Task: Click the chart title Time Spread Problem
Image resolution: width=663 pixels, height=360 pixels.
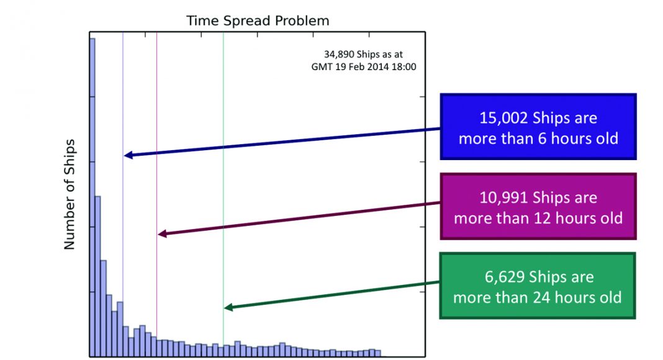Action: (258, 21)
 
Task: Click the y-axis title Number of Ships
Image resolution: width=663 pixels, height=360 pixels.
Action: (69, 194)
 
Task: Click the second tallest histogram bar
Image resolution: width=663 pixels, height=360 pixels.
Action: (98, 276)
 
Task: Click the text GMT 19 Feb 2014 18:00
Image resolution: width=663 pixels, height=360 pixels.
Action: (363, 66)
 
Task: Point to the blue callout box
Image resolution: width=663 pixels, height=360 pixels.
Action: (538, 127)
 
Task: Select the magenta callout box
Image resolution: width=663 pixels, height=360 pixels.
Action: (538, 207)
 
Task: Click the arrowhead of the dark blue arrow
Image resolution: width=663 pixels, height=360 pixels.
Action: (127, 155)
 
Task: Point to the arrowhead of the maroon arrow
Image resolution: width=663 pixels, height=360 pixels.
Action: (161, 234)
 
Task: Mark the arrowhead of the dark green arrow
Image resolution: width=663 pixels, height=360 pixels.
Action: (227, 307)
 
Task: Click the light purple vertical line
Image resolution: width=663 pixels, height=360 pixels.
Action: (123, 93)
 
